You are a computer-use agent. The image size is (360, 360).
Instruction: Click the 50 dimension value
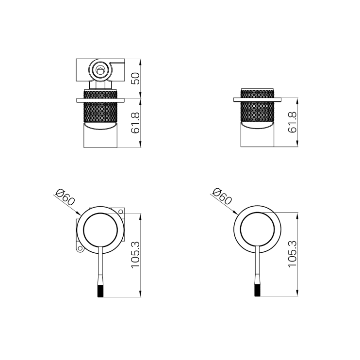tap(136, 78)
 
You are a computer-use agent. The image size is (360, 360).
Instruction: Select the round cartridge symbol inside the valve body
tap(100, 71)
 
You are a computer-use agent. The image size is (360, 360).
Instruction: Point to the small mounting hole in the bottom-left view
tap(80, 249)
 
